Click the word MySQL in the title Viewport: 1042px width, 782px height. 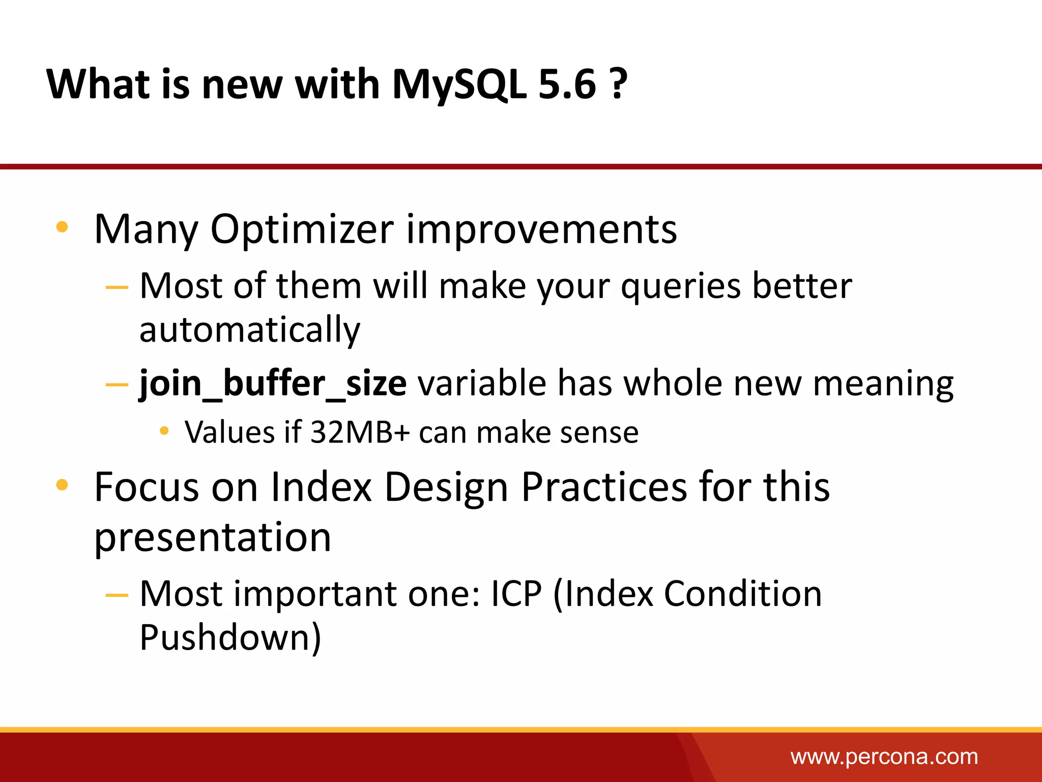(x=459, y=84)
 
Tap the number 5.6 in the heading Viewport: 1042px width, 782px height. (x=567, y=84)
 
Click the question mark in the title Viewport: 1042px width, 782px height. (x=618, y=84)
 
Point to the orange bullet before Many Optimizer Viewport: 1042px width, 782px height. (x=62, y=227)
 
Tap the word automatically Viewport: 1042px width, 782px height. (x=250, y=330)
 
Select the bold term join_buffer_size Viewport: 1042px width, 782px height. (x=273, y=383)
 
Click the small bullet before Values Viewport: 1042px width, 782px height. (x=164, y=431)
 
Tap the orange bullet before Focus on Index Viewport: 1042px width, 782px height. (x=62, y=484)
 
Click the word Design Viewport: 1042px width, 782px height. (x=446, y=487)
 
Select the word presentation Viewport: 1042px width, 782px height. (x=213, y=538)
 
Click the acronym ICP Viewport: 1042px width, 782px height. (x=516, y=594)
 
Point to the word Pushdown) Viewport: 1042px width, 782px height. (x=230, y=637)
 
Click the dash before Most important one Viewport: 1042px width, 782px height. (x=117, y=595)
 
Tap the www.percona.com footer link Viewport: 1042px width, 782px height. (x=884, y=757)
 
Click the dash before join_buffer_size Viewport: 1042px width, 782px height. (x=117, y=384)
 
